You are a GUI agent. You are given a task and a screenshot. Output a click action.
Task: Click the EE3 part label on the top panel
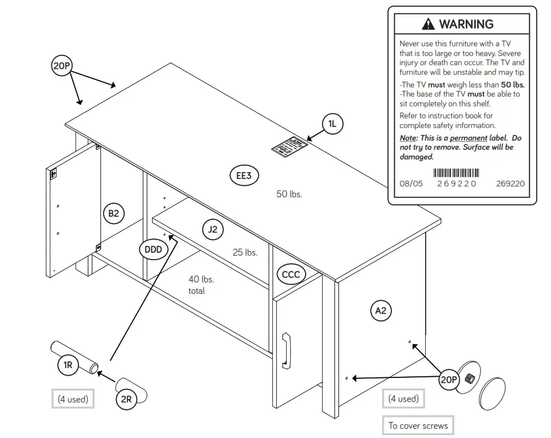click(x=244, y=176)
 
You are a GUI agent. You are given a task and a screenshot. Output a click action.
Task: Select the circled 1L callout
click(x=332, y=124)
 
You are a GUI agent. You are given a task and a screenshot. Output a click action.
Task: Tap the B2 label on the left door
click(x=113, y=213)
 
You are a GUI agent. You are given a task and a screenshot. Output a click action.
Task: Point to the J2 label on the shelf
click(x=212, y=229)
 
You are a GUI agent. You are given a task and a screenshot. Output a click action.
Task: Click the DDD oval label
click(x=153, y=249)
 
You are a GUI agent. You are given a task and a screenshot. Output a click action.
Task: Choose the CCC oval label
click(x=291, y=274)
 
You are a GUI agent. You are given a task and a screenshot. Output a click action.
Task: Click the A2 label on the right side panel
click(x=380, y=310)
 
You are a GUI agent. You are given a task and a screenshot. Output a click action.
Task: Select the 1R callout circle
click(x=68, y=365)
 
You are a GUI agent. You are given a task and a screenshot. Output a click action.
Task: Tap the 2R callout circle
click(x=126, y=399)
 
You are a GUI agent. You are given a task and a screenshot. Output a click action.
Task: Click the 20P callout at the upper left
click(x=61, y=66)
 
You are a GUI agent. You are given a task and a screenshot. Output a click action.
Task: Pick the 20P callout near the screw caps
click(x=449, y=380)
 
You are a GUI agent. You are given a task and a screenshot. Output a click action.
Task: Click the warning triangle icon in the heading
click(x=428, y=25)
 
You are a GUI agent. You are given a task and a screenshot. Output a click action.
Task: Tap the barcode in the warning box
click(x=456, y=173)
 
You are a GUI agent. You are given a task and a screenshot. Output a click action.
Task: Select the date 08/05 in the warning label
click(x=411, y=184)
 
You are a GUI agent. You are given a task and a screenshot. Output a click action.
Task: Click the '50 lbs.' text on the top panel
click(x=289, y=194)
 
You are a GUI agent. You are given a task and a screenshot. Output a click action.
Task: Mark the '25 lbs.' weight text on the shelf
click(x=245, y=252)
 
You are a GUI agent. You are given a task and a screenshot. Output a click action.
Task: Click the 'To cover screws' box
click(x=418, y=425)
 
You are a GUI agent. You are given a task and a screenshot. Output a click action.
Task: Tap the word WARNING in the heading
click(x=466, y=24)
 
